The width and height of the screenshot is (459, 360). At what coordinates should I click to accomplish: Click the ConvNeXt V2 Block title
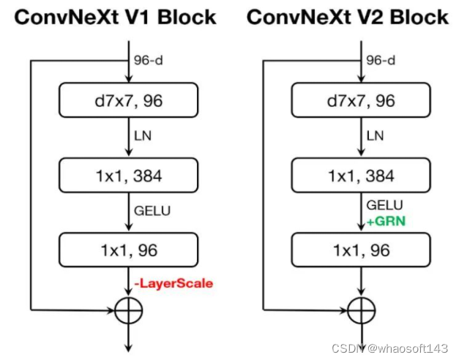pyautogui.click(x=347, y=17)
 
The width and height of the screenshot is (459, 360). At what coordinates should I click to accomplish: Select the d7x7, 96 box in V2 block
pyautogui.click(x=365, y=101)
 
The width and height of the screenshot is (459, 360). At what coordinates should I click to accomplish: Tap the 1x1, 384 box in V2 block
pyautogui.click(x=365, y=175)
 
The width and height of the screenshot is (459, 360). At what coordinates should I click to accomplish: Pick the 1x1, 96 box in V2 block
pyautogui.click(x=365, y=250)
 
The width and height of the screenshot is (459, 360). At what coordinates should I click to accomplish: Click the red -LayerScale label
pyautogui.click(x=174, y=282)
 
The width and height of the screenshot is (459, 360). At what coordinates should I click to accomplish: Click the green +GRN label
pyautogui.click(x=386, y=218)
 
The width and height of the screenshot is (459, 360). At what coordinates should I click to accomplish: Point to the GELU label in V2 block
pyautogui.click(x=384, y=204)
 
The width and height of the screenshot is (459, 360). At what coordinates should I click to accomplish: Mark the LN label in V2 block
pyautogui.click(x=376, y=136)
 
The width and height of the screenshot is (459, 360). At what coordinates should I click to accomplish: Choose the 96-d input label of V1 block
pyautogui.click(x=149, y=61)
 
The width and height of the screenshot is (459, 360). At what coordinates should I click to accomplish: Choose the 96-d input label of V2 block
pyautogui.click(x=381, y=61)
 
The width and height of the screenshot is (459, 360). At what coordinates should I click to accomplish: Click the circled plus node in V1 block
pyautogui.click(x=129, y=311)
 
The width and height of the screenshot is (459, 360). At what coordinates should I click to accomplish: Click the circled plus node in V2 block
pyautogui.click(x=362, y=311)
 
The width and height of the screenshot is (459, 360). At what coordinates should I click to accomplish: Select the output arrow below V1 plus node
pyautogui.click(x=129, y=338)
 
